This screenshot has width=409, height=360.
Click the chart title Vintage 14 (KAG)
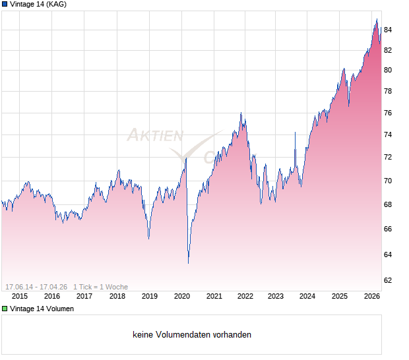38,4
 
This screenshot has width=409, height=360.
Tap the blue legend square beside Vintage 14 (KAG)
5,4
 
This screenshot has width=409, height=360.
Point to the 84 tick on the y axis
388,30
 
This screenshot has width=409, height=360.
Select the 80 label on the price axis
388,70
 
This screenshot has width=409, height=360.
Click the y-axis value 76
388,113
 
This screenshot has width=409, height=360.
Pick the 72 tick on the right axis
388,158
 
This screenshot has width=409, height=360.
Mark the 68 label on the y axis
388,204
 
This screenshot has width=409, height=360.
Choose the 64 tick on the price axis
388,255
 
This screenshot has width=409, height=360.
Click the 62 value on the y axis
388,280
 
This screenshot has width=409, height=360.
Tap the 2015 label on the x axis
20,296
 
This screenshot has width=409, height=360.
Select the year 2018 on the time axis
117,296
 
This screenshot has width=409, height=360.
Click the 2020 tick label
181,296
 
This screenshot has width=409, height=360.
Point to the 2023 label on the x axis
275,296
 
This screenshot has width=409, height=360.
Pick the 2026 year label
372,296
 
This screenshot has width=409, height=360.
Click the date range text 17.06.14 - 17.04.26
36,287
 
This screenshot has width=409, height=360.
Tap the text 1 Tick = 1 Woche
100,287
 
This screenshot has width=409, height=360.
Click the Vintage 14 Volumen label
42,309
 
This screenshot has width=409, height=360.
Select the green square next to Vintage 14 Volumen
5,309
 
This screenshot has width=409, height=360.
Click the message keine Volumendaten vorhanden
192,335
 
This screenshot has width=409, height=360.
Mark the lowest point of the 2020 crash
188,263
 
